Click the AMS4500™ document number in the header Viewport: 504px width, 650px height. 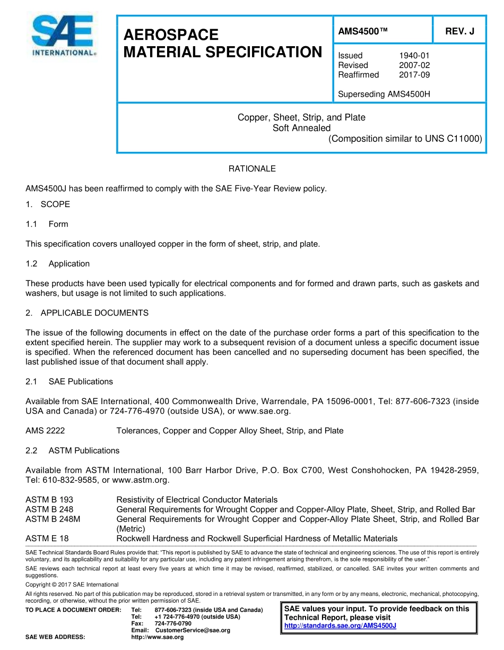[363, 31]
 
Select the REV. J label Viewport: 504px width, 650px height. [459, 31]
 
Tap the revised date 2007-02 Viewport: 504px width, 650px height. [414, 65]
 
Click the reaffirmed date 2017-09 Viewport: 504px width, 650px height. [414, 75]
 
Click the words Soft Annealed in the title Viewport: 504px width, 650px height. [301, 128]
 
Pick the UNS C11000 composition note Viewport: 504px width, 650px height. [405, 139]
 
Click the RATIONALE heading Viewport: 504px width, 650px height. [252, 168]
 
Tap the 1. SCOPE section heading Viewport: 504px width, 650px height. [48, 204]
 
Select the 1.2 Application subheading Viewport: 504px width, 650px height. [57, 263]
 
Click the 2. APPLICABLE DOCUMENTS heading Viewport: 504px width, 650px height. [87, 313]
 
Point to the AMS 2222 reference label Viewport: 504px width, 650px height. [45, 431]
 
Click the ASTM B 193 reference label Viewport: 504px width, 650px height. [49, 500]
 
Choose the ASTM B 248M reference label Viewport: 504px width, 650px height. [53, 519]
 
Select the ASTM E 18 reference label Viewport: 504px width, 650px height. [47, 538]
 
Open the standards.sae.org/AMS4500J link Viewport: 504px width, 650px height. [340, 626]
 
